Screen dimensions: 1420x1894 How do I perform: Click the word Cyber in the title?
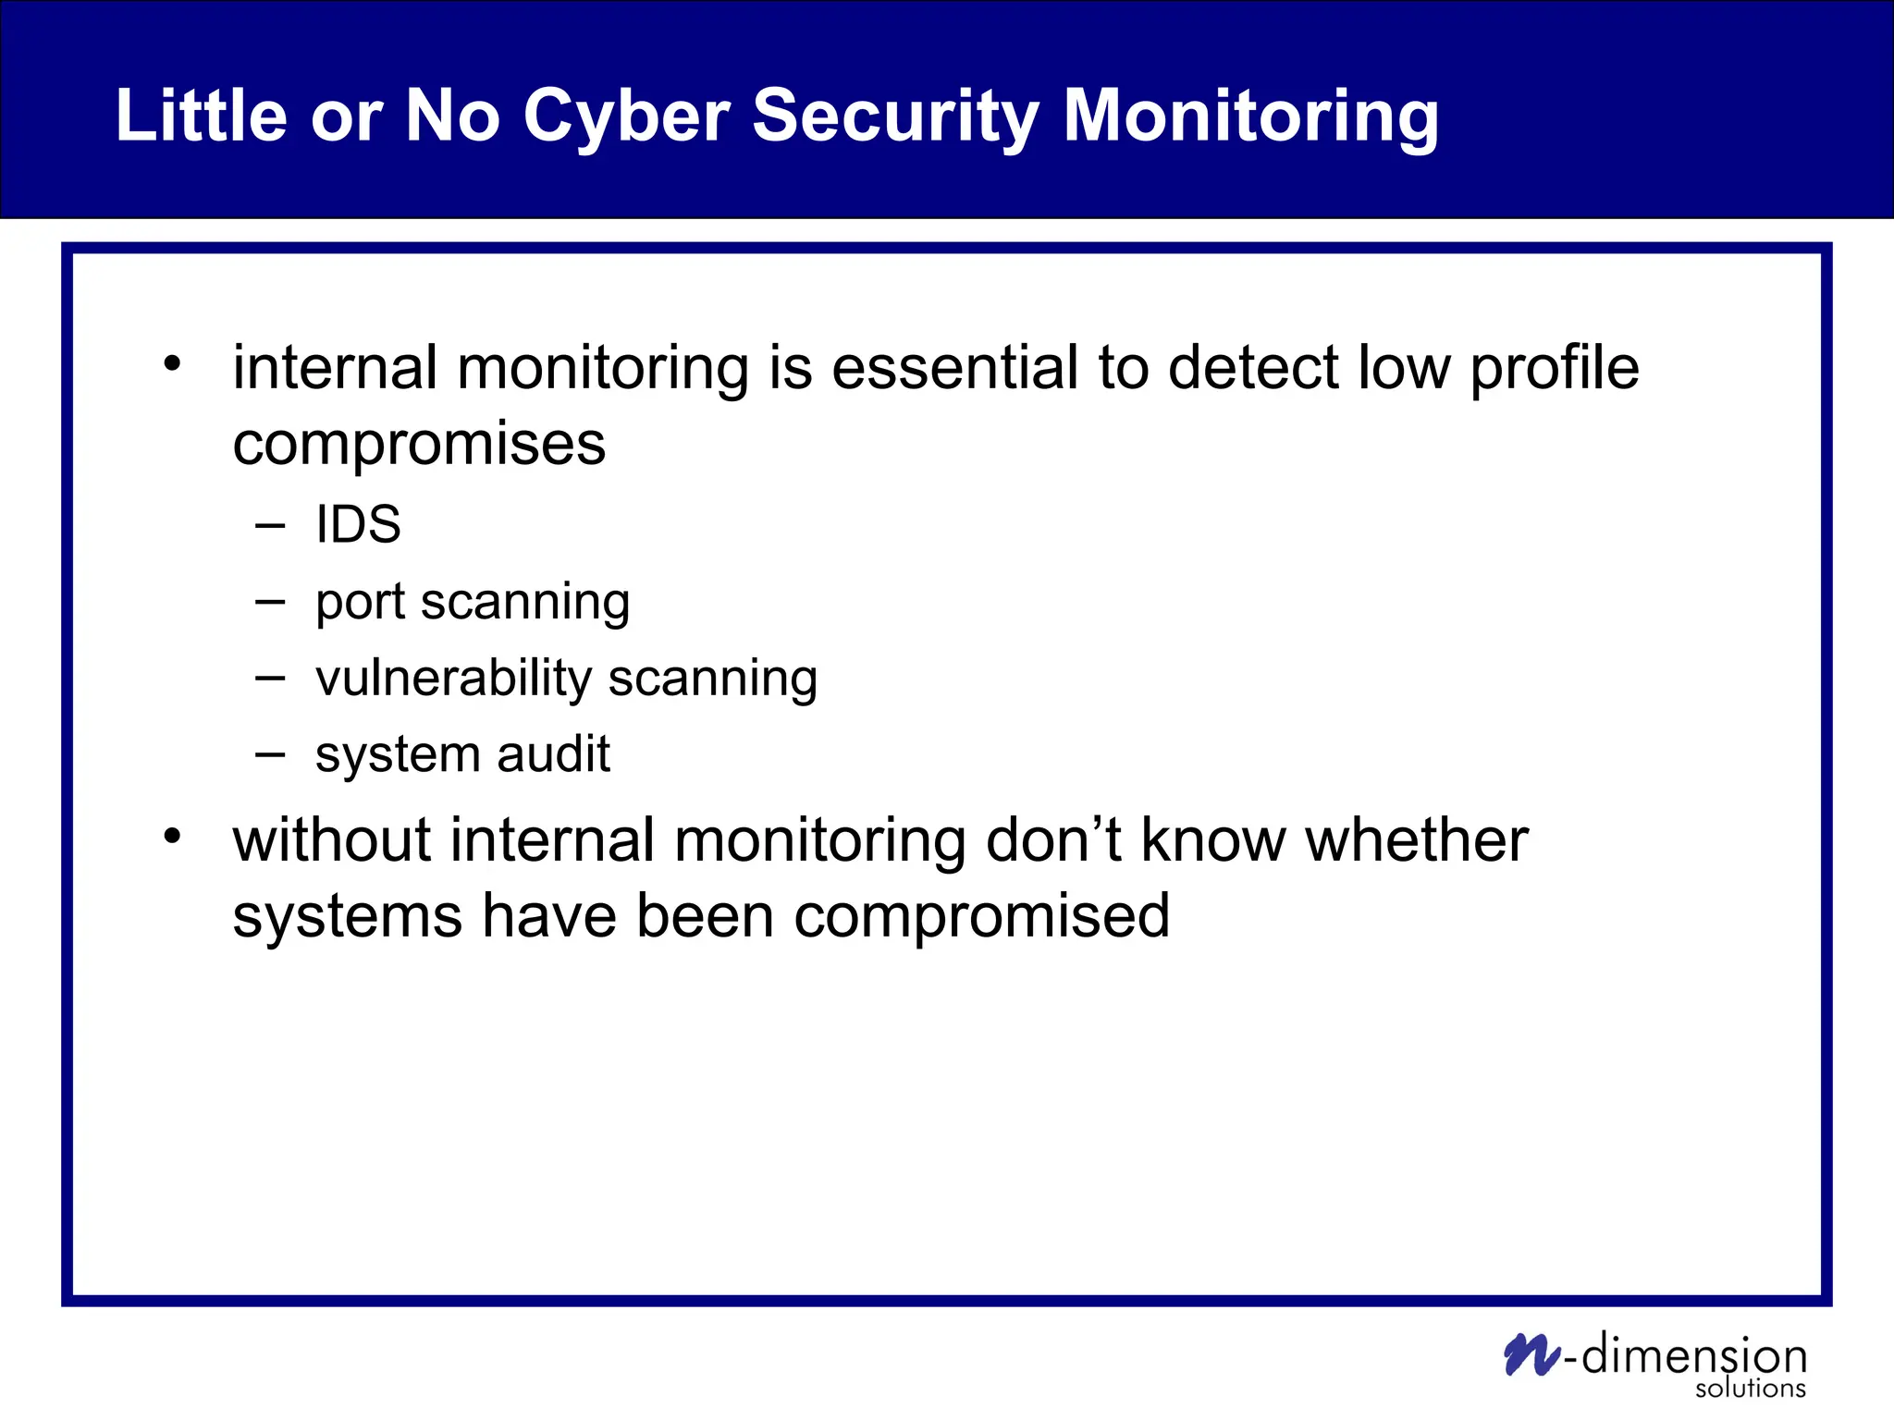[626, 116]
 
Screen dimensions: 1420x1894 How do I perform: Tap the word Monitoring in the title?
[1250, 116]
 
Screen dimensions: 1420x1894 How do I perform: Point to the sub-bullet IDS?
[358, 525]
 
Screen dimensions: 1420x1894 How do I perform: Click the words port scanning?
[473, 603]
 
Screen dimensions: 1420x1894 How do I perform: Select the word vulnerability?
[453, 679]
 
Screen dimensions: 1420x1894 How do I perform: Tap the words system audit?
[462, 754]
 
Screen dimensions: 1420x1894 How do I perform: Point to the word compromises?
[419, 445]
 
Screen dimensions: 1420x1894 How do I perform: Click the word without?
[332, 840]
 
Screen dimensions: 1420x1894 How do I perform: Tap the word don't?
[1053, 840]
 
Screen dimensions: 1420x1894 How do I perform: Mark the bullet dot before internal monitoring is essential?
[172, 363]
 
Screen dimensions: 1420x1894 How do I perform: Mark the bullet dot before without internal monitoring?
[172, 836]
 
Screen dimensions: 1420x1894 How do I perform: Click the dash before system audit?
[270, 754]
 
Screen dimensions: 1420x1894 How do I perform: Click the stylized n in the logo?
[1531, 1354]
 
